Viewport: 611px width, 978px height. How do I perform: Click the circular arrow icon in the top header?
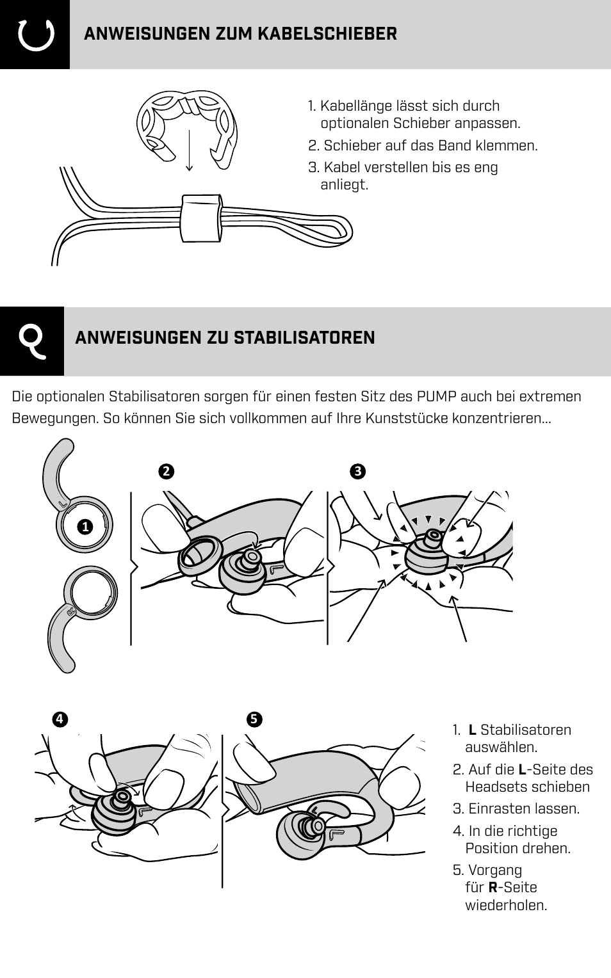(35, 35)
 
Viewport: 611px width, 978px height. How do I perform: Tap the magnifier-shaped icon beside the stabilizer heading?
(31, 341)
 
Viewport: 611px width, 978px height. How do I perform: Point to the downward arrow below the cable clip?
(189, 151)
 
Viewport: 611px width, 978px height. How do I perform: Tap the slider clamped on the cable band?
(201, 218)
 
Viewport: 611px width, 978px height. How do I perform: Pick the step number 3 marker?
(357, 472)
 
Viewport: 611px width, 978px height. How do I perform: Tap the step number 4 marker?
(60, 719)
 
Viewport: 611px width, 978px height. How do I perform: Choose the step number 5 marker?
(254, 719)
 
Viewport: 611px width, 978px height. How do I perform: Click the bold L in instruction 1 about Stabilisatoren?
(472, 730)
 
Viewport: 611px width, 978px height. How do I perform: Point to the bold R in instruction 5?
(493, 888)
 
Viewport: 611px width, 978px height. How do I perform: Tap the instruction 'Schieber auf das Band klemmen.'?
(430, 145)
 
